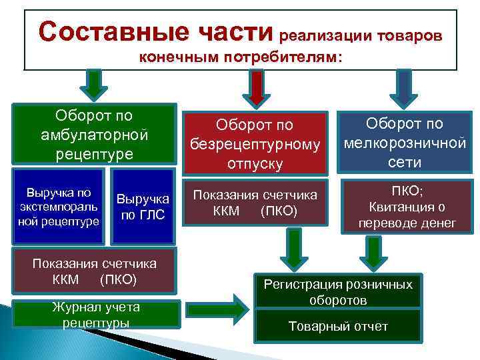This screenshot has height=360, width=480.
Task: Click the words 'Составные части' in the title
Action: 156,31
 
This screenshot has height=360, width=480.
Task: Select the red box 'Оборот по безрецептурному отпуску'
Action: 254,143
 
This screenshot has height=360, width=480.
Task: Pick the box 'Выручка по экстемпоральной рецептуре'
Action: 58,207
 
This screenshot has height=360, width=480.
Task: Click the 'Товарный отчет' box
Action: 338,327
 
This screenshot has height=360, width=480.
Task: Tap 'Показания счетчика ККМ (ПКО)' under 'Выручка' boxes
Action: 95,271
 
